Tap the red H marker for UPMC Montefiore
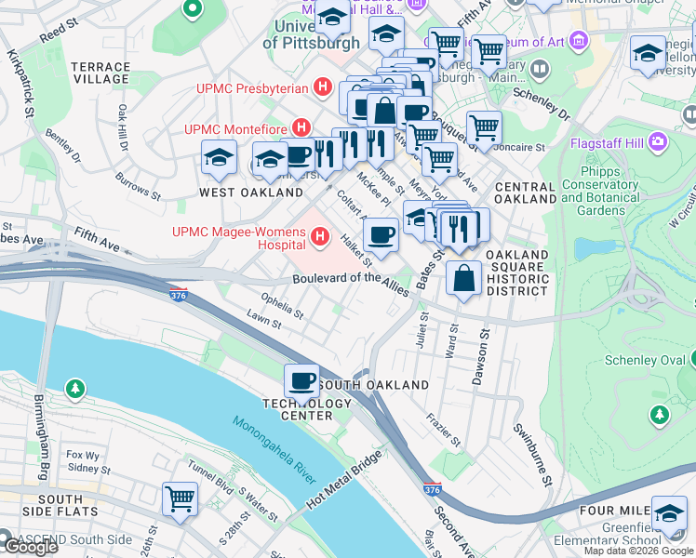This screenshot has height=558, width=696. tap(301, 126)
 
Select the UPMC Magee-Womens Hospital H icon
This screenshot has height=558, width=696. tap(320, 238)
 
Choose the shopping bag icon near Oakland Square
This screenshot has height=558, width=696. tap(463, 277)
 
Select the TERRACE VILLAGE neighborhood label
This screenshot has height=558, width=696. tap(100, 73)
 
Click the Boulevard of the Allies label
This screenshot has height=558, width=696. tap(351, 279)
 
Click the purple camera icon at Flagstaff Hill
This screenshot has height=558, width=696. tap(659, 142)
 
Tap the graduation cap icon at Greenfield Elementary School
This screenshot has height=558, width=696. tap(669, 511)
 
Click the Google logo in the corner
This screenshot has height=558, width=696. tap(29, 547)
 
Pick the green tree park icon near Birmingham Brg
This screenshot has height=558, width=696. tap(74, 386)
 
